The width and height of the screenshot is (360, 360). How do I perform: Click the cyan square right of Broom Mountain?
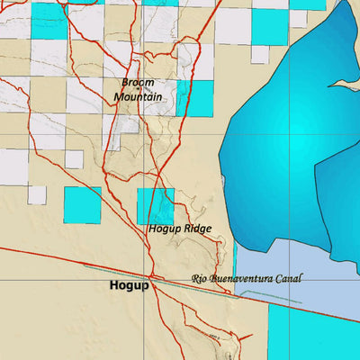(195, 98)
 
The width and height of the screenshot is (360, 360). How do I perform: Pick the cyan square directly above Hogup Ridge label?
(155, 206)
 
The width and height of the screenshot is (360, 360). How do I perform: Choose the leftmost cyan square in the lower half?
(83, 204)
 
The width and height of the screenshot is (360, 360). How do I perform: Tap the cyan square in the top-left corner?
(49, 21)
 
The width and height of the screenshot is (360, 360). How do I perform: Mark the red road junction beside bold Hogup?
(152, 278)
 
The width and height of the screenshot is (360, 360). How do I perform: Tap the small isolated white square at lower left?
(37, 194)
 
